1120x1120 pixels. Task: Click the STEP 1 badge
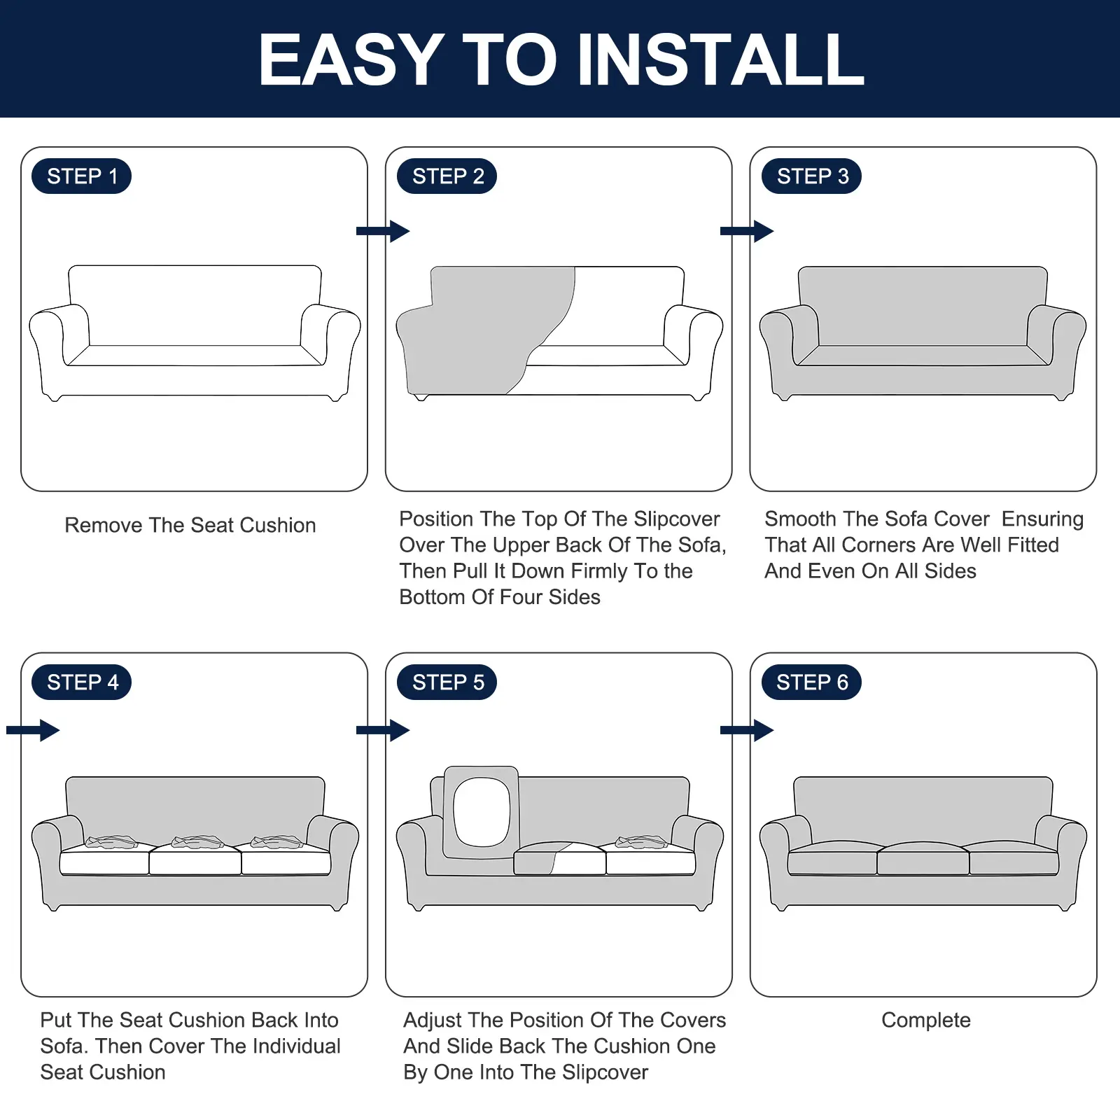click(82, 176)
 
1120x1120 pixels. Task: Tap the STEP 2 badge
click(447, 176)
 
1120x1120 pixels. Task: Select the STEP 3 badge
click(812, 176)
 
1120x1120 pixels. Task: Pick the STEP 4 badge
click(82, 682)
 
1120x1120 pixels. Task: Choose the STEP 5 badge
click(447, 682)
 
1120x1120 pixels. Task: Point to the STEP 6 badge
click(812, 682)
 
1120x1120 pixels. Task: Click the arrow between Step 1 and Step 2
click(383, 231)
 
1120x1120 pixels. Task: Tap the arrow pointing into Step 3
click(747, 231)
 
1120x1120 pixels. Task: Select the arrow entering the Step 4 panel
click(33, 730)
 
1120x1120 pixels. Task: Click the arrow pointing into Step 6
click(747, 730)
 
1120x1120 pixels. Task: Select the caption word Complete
click(926, 1021)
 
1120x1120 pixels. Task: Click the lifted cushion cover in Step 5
click(482, 812)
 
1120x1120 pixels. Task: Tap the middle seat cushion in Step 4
click(195, 857)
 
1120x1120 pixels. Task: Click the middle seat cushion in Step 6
click(923, 858)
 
